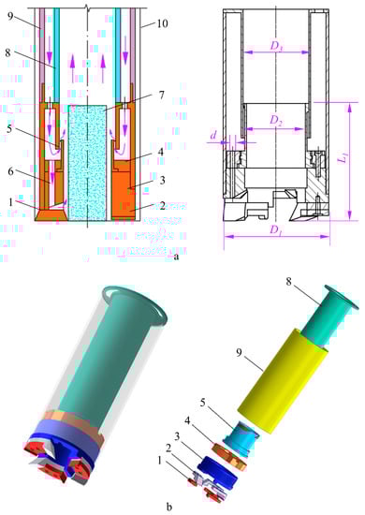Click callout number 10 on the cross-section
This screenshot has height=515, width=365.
pyautogui.click(x=162, y=23)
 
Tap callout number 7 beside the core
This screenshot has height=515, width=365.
pyautogui.click(x=161, y=96)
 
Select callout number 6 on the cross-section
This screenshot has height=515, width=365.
pyautogui.click(x=11, y=170)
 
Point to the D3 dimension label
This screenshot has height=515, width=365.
pyautogui.click(x=276, y=46)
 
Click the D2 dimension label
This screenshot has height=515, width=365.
pyautogui.click(x=276, y=121)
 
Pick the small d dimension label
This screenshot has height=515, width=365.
pyautogui.click(x=213, y=134)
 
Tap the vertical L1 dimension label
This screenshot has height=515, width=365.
pyautogui.click(x=343, y=159)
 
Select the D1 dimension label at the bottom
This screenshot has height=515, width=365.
pyautogui.click(x=275, y=230)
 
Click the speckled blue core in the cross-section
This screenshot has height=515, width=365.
pyautogui.click(x=87, y=162)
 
